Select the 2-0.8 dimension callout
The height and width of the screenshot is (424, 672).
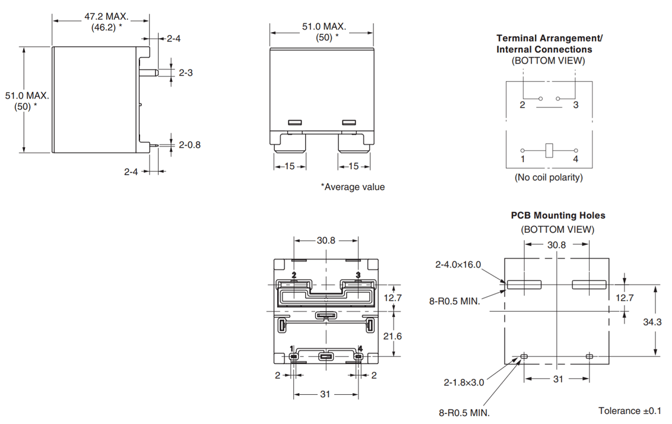189,145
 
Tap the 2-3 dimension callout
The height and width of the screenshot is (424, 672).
186,72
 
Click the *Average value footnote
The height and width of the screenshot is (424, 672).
353,187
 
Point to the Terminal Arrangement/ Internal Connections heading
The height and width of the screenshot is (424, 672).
549,44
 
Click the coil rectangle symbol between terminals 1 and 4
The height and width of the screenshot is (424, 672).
549,150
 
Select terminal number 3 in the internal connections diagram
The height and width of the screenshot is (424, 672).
576,105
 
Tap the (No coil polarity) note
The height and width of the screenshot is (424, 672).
549,177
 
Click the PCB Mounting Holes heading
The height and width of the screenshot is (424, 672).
558,216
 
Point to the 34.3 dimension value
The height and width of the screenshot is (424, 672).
651,322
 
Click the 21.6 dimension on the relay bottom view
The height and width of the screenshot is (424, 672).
392,336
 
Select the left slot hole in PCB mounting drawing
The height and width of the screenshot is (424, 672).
524,284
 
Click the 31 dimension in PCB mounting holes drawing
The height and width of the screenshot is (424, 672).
558,379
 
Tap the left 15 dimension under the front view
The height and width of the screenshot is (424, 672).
289,166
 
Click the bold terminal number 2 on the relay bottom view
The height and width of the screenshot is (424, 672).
294,275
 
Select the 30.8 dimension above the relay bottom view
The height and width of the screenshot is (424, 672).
326,241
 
